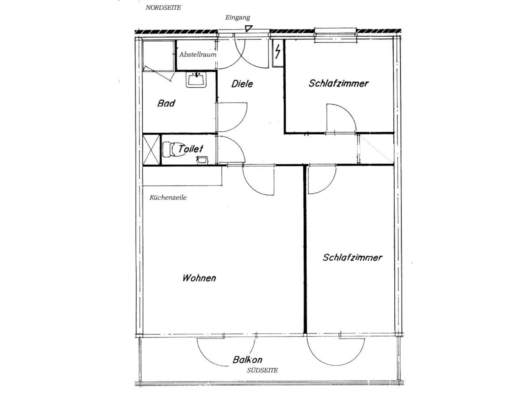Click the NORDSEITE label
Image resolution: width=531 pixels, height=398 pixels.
point(163,8)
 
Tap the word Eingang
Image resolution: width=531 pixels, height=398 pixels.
point(238,18)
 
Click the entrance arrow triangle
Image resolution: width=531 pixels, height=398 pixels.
point(249,28)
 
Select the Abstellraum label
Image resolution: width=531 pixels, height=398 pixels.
point(198,54)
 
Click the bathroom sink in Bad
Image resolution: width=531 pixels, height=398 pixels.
point(196,80)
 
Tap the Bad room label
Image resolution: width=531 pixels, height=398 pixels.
point(166,103)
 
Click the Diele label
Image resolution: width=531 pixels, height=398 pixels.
point(242,84)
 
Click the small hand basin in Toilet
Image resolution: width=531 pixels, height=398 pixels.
point(202,160)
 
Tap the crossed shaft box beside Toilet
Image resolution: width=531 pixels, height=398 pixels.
point(152,150)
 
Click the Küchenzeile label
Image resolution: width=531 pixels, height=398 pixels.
point(168,198)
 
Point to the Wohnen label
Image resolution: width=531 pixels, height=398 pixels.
point(199,278)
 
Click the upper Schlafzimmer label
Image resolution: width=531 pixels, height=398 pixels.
point(339,83)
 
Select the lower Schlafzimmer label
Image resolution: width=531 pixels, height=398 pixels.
point(352,257)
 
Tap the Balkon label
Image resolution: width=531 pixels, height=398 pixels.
point(247,360)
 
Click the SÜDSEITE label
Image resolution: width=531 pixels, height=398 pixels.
point(262,370)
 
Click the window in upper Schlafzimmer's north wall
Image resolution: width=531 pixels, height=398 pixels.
point(335,35)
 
